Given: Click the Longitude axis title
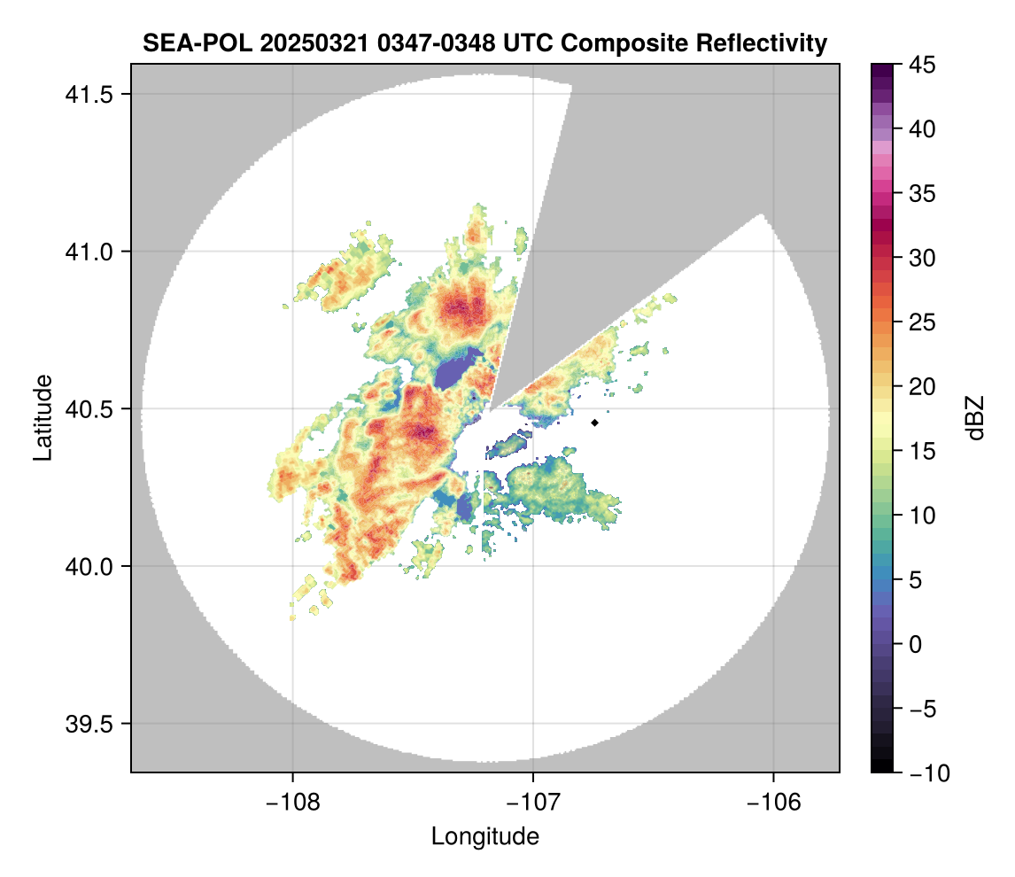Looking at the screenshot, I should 485,836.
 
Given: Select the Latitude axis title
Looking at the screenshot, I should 42,417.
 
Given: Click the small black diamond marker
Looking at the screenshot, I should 595,423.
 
